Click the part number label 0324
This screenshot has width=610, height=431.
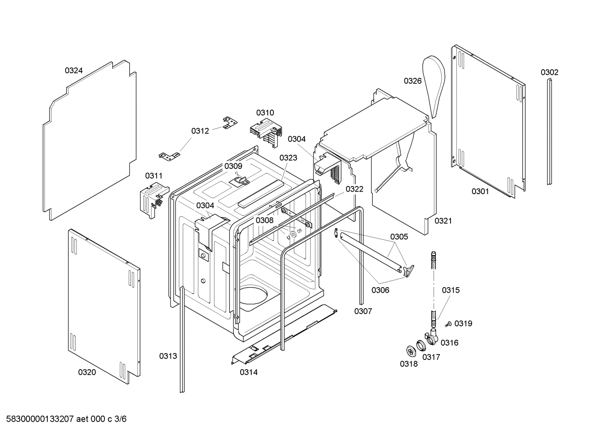(x=74, y=71)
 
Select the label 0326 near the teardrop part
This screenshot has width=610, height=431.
(x=412, y=81)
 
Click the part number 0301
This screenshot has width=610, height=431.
(x=480, y=192)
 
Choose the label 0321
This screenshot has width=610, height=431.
(x=443, y=221)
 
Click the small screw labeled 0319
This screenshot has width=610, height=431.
(x=448, y=324)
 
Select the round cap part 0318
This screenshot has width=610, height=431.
(x=410, y=351)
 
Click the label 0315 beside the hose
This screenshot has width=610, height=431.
(x=451, y=290)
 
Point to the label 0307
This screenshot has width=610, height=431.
(x=363, y=311)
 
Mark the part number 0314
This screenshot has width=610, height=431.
(x=248, y=372)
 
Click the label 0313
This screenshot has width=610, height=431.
(x=168, y=356)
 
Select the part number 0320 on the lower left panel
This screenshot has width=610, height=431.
(x=87, y=372)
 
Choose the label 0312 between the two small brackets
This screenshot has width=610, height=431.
(x=200, y=131)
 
